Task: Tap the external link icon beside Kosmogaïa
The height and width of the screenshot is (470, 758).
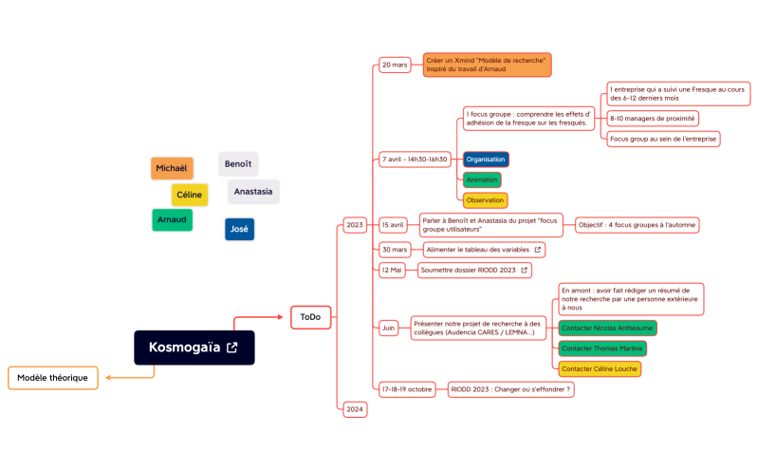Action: (231, 348)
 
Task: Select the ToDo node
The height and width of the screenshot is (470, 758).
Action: (310, 317)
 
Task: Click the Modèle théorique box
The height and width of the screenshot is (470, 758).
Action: (52, 378)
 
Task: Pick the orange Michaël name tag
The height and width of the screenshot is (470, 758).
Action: (172, 168)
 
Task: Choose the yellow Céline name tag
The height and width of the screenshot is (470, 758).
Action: (190, 195)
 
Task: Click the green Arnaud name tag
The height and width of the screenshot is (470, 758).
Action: (172, 220)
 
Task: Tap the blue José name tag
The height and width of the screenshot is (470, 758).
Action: (239, 229)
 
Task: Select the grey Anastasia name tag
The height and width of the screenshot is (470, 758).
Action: (253, 192)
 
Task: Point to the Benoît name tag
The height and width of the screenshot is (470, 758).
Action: (238, 164)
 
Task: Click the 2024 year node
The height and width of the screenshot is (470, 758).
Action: (355, 409)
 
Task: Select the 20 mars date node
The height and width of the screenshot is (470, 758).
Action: (395, 66)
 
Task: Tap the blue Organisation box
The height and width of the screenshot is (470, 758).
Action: (486, 160)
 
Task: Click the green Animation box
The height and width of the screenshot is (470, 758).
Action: (482, 179)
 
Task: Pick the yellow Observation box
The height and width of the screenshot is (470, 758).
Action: (485, 200)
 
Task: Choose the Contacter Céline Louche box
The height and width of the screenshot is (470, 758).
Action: (599, 368)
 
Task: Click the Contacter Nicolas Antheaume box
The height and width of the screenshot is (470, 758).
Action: (606, 328)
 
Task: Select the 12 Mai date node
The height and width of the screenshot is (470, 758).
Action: (393, 270)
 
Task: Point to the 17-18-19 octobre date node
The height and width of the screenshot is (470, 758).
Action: (407, 389)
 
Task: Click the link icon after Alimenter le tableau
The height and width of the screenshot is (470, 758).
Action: (538, 250)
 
